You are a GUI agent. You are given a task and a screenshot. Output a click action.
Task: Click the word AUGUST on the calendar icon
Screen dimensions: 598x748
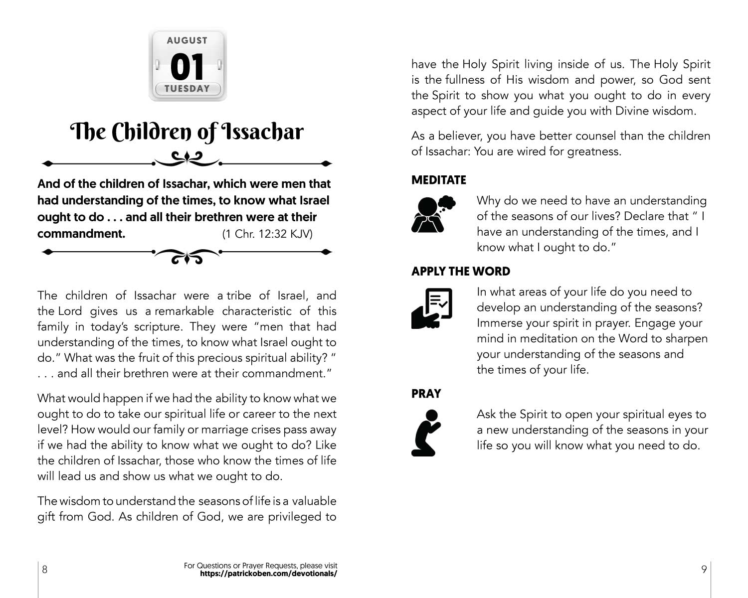point(187,40)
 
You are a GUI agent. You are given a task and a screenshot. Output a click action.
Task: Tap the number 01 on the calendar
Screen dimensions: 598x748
point(187,67)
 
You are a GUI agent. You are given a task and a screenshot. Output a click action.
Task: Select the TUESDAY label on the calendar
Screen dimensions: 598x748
point(187,89)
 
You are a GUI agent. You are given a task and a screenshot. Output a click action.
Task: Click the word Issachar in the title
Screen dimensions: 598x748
point(262,132)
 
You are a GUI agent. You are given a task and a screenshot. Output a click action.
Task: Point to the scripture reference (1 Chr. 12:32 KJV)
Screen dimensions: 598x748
point(267,234)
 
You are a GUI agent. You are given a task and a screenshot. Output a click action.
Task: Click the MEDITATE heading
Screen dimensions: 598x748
point(438,180)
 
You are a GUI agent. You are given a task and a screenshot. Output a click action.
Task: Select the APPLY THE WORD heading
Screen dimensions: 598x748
point(461,271)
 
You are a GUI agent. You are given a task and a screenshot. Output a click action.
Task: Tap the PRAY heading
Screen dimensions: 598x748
point(426,394)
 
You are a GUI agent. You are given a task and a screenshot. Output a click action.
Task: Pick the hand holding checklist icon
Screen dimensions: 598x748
point(432,308)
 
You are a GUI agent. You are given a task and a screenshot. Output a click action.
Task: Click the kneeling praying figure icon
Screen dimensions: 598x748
point(427,433)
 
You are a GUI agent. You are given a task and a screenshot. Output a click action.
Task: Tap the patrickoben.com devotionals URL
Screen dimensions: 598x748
point(268,574)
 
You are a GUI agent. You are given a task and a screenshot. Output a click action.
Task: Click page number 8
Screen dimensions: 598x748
point(44,569)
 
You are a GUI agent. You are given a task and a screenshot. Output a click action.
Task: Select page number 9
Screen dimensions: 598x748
point(704,569)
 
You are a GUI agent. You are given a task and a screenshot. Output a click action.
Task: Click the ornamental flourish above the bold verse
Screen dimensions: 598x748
point(187,159)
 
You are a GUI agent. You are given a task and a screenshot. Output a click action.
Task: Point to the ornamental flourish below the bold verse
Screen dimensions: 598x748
point(187,255)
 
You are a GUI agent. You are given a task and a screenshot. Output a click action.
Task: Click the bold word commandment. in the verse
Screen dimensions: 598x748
point(81,234)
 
